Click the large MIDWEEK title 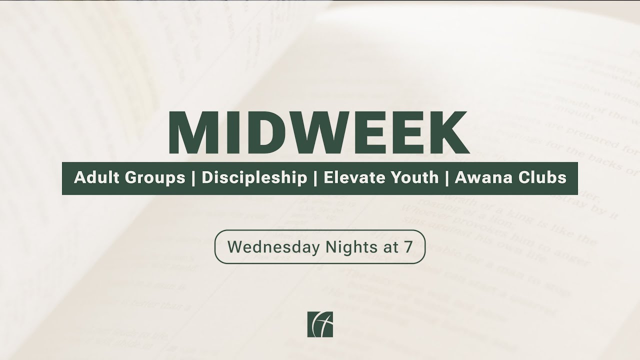point(318,132)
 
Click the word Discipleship point(254,178)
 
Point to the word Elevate point(354,178)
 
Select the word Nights point(338,246)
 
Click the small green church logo point(320,324)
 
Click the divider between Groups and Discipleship point(193,178)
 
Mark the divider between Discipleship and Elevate point(315,178)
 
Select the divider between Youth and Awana point(446,178)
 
